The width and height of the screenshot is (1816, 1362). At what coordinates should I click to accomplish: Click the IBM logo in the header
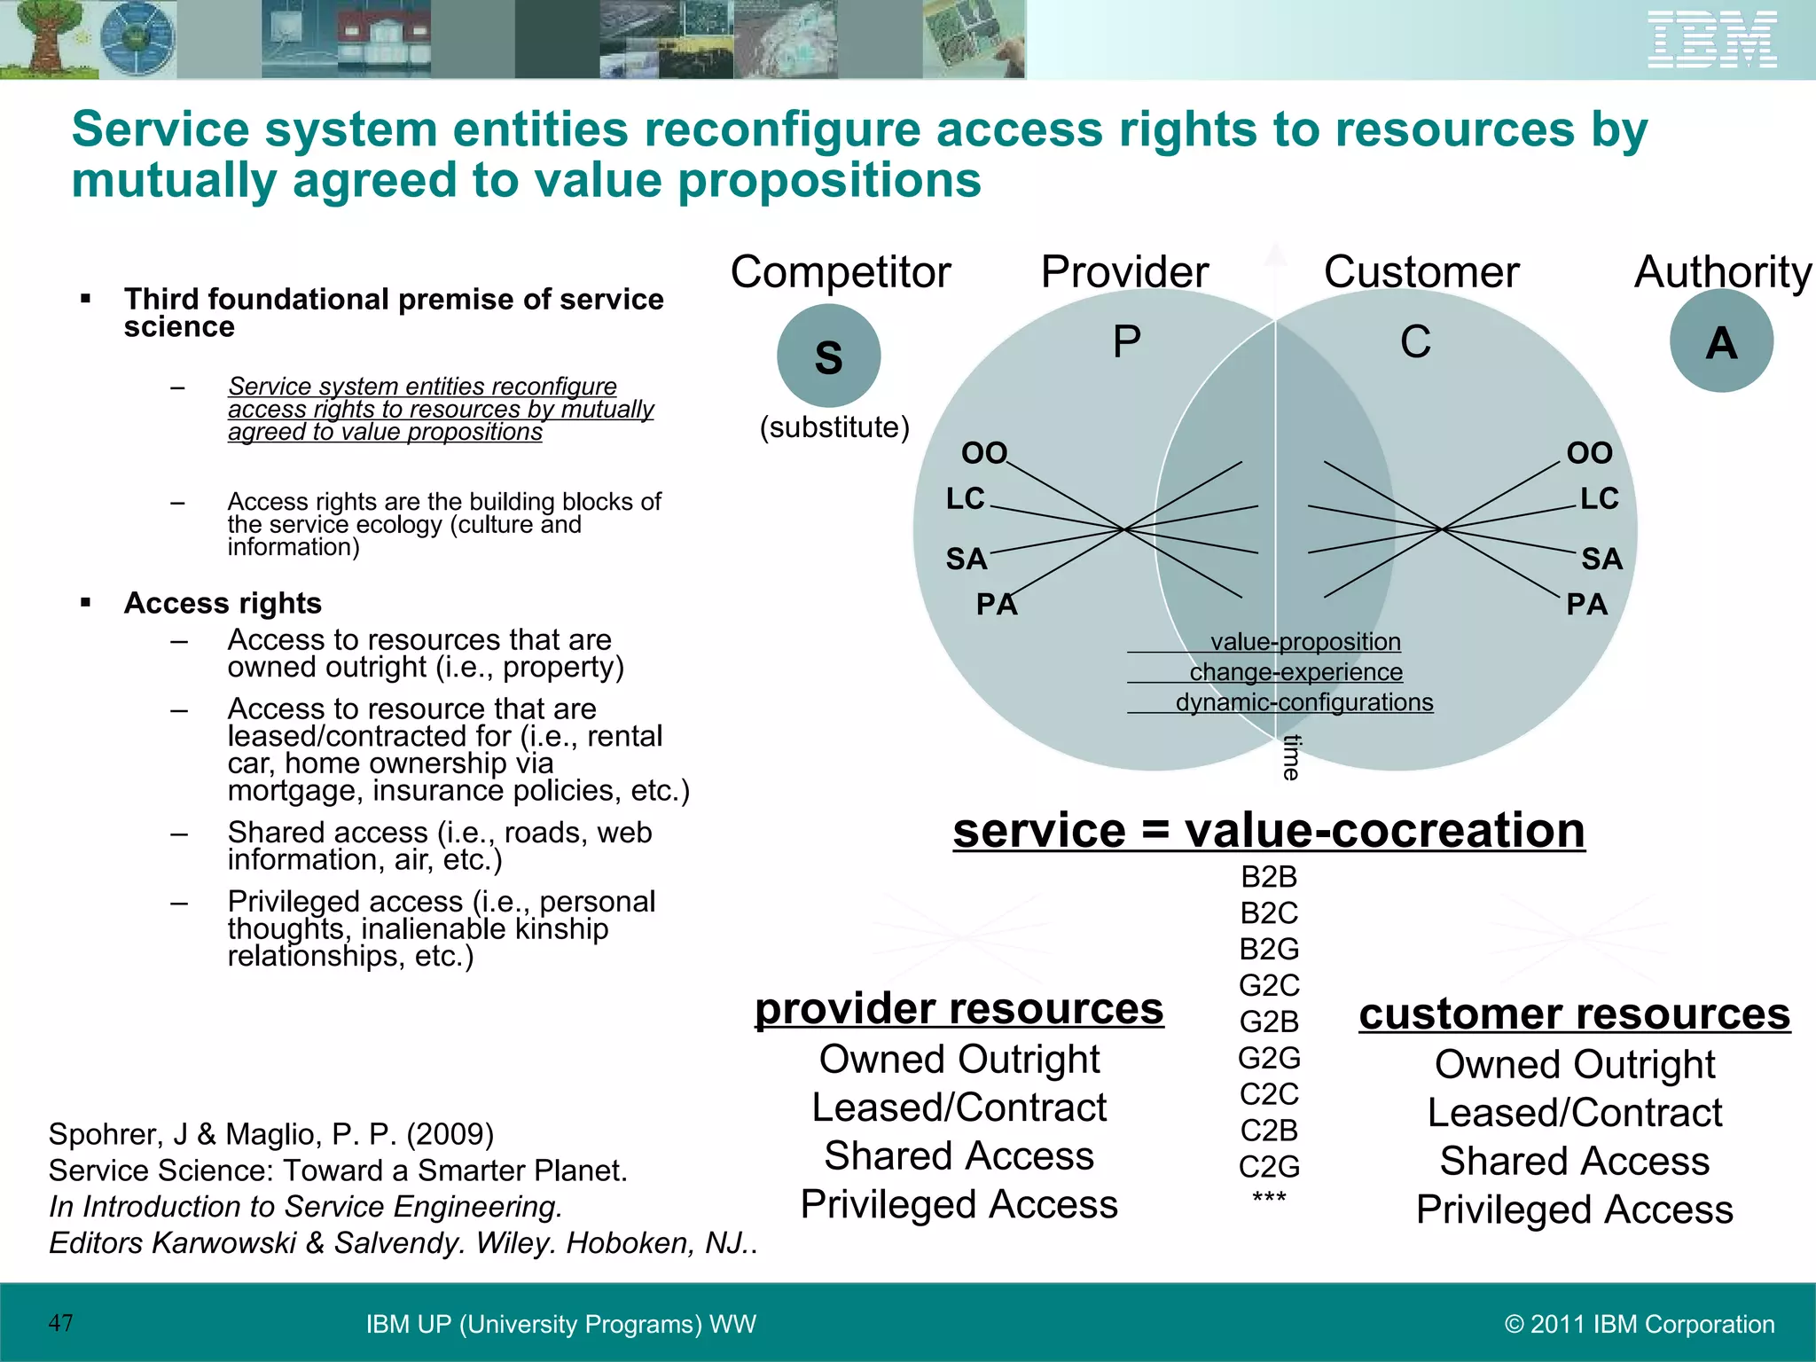(1711, 40)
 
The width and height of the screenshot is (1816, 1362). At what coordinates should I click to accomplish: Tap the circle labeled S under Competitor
(828, 356)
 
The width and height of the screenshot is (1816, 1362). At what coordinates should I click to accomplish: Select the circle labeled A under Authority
(1721, 341)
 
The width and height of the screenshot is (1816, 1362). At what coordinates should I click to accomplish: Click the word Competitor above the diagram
(840, 271)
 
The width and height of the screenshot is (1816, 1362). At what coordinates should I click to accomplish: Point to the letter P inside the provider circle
(1126, 341)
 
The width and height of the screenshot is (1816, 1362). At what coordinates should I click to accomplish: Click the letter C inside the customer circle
(1415, 341)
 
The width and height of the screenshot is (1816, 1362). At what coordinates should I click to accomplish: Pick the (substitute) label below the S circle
(834, 427)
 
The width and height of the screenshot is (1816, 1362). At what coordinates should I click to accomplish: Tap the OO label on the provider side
(984, 453)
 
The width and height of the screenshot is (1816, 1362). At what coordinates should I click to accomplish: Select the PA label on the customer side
(1586, 605)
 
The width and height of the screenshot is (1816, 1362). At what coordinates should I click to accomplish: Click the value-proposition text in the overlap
(1305, 641)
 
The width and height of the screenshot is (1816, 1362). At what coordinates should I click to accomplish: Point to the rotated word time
(1292, 757)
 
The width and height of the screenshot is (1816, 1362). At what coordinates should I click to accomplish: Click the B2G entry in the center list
(1269, 949)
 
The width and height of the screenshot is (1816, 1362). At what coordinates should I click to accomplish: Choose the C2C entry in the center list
(1269, 1094)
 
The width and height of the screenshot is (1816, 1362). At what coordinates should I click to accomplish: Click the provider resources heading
(959, 1009)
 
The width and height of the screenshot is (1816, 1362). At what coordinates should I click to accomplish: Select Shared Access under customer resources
(1574, 1161)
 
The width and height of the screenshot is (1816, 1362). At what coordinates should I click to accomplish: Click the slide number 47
(61, 1323)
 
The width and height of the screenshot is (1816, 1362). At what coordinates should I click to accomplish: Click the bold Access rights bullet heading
(223, 603)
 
